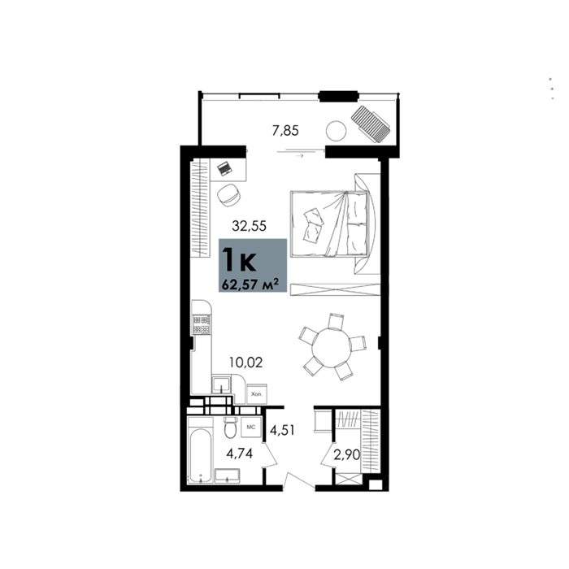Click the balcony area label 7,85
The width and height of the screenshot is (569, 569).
(x=285, y=130)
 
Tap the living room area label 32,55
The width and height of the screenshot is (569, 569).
(x=249, y=226)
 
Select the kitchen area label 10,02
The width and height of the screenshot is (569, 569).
(x=245, y=363)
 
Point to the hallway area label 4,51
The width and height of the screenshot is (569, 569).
(x=282, y=430)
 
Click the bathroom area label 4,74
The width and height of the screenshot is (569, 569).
(x=239, y=454)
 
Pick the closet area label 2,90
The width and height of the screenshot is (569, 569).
(x=346, y=454)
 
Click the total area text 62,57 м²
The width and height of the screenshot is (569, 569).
(x=250, y=284)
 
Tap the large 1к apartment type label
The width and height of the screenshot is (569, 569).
(x=240, y=259)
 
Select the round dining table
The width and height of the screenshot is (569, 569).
(x=332, y=347)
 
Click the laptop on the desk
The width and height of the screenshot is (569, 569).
(x=224, y=169)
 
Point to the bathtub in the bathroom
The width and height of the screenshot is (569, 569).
(x=200, y=456)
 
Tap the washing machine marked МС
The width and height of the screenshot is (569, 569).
(x=251, y=427)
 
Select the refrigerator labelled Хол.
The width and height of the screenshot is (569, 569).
(x=257, y=393)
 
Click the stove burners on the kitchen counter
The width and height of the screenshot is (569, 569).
(x=202, y=324)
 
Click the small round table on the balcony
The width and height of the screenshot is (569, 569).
(x=336, y=131)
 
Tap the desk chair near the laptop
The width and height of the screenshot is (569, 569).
(x=228, y=195)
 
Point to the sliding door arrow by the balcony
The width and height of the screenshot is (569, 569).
(x=300, y=156)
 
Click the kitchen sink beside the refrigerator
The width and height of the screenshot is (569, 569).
(x=220, y=384)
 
